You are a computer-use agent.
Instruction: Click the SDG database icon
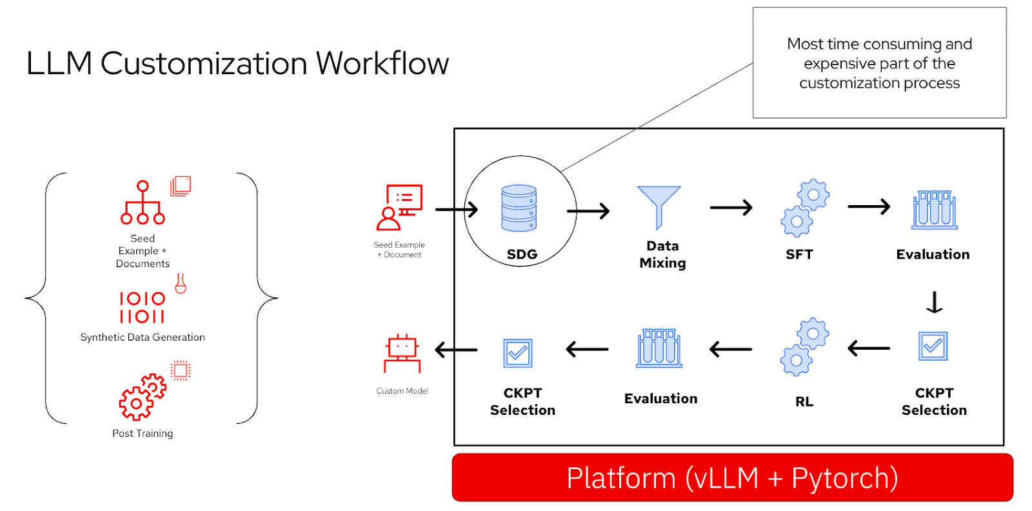pos(519,208)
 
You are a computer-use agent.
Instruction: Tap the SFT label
pos(799,254)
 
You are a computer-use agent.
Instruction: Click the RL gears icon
pos(804,346)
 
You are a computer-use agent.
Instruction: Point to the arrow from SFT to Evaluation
pos(868,206)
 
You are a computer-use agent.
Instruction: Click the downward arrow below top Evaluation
pos(934,302)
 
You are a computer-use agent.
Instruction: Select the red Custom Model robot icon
pos(402,353)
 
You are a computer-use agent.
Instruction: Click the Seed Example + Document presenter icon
pos(399,207)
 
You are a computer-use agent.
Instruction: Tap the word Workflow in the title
pos(382,63)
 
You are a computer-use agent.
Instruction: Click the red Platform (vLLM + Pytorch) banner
pos(732,477)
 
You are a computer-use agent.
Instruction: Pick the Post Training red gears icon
pos(142,397)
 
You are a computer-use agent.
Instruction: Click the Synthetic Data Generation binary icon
pos(142,307)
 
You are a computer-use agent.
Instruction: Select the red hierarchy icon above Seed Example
pos(143,203)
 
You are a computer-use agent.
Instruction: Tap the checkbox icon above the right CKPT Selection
pos(933,346)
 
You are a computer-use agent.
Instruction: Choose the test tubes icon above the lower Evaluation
pos(659,348)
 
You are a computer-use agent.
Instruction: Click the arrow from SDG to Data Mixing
pos(588,211)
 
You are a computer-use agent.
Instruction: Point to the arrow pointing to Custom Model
pos(456,350)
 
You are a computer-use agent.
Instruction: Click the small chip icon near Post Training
pos(181,370)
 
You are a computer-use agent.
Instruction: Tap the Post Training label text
pos(143,434)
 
